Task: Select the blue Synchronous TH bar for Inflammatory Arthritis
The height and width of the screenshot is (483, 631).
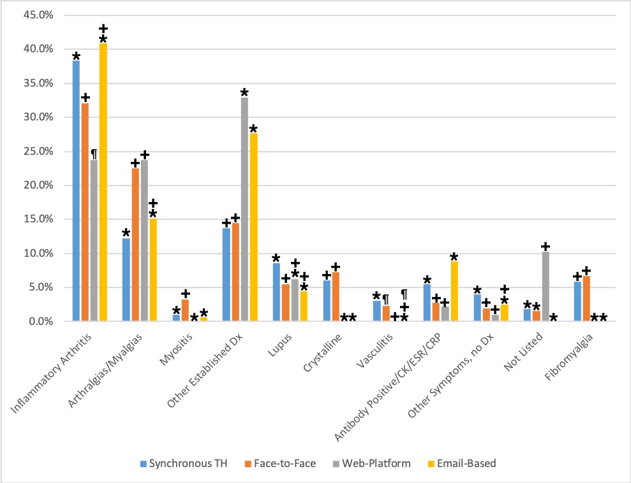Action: [x=76, y=191]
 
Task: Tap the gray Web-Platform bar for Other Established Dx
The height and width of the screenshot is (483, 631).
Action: [x=244, y=210]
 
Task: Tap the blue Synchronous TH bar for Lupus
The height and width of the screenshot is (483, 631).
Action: [x=276, y=292]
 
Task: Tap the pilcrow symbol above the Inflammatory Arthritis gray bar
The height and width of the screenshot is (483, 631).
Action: [x=94, y=154]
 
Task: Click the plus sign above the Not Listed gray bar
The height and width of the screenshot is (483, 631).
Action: [x=546, y=247]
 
